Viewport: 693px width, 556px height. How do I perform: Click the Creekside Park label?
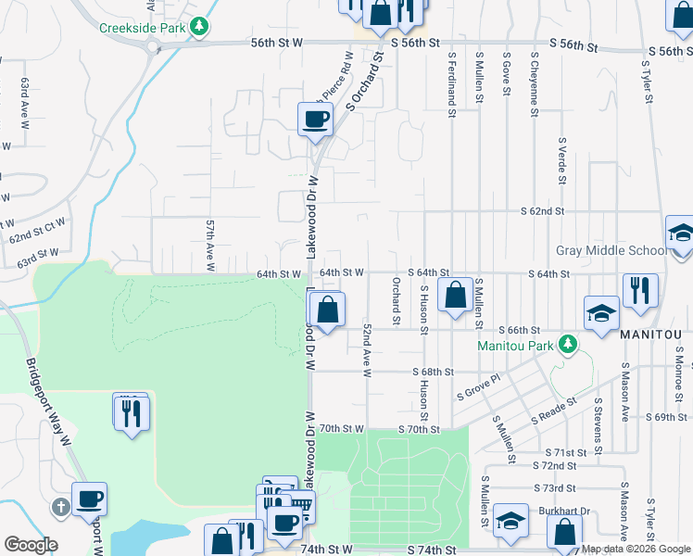point(142,27)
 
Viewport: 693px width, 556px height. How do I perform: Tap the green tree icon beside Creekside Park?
point(198,27)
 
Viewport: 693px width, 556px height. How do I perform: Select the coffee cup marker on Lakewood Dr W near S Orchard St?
point(315,120)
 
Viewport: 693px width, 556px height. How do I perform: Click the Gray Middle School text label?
point(611,251)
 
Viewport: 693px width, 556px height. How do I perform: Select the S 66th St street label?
point(518,330)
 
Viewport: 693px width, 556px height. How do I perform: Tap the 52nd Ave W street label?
point(368,350)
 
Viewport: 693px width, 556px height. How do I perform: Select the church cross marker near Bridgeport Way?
point(60,507)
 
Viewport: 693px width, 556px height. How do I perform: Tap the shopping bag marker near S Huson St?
point(455,297)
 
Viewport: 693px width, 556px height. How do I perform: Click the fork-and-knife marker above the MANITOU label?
point(640,290)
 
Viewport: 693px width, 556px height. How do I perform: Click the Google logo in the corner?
point(31,545)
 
